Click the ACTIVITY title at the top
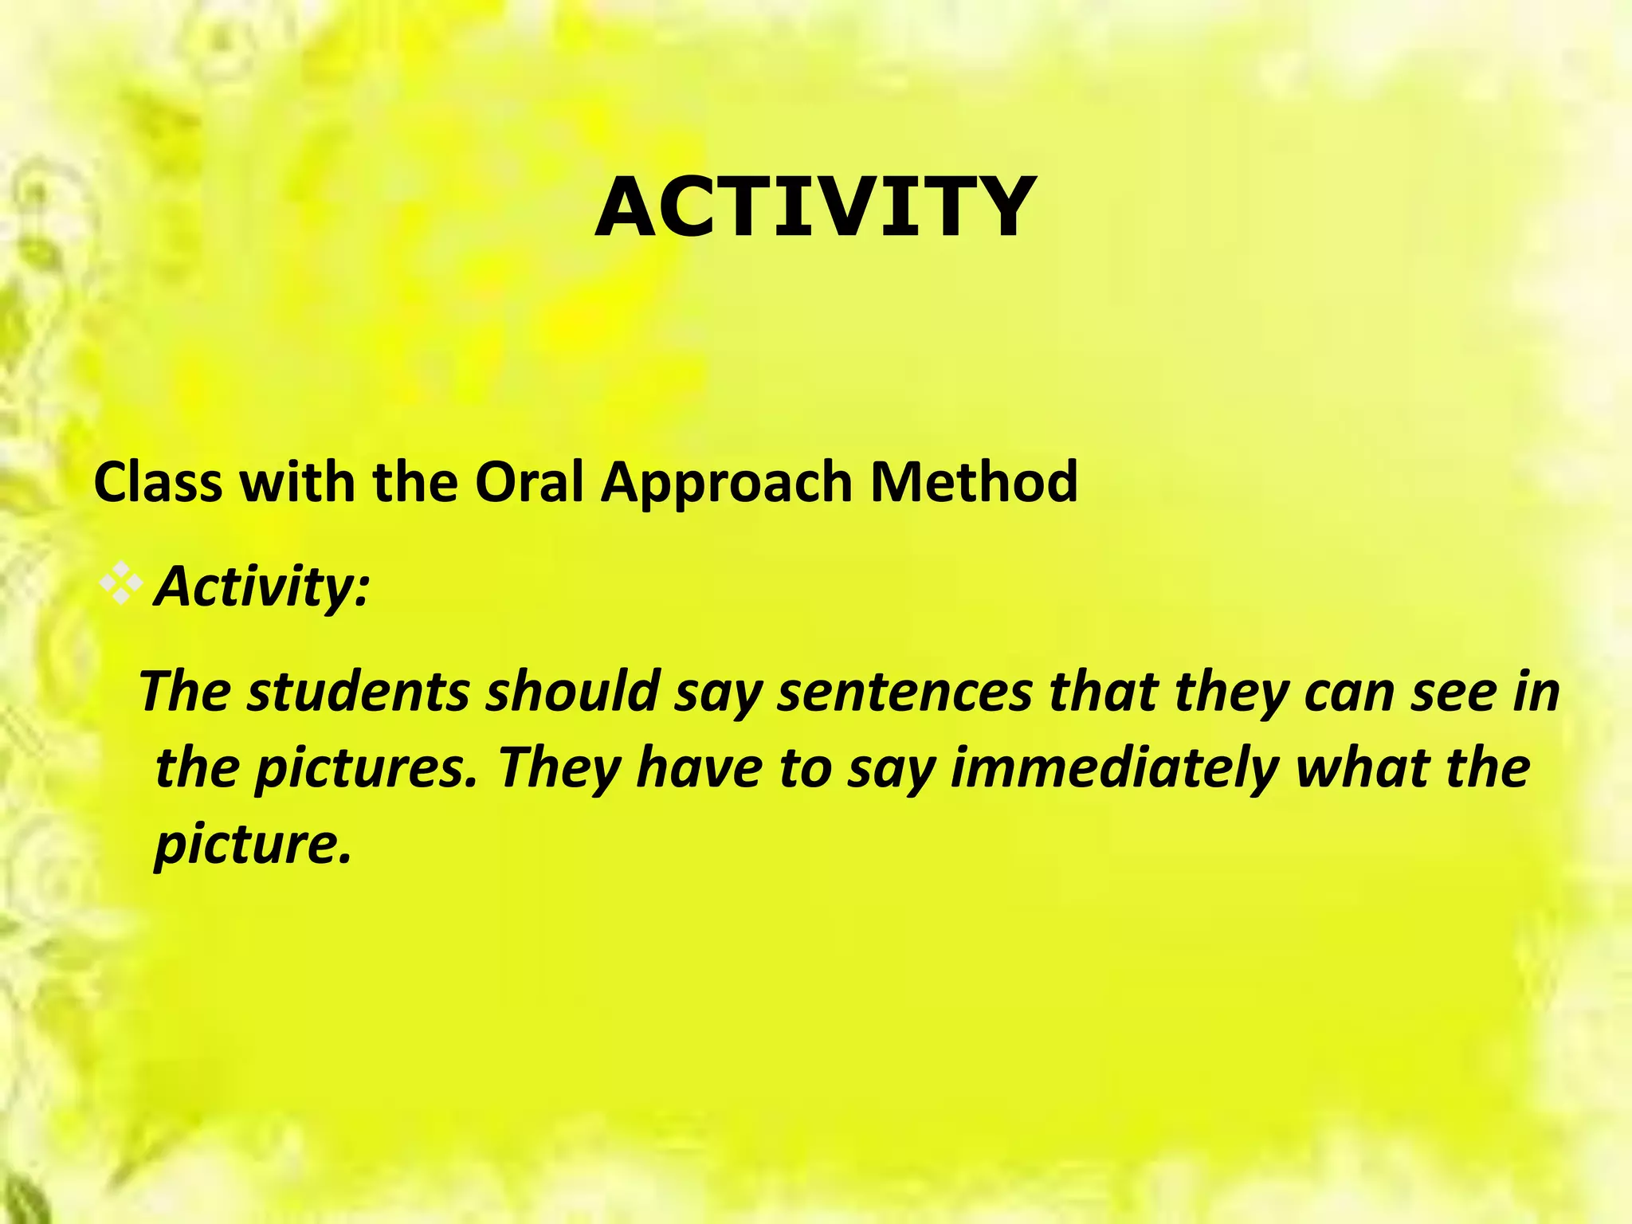815,207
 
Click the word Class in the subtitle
158,482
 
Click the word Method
974,482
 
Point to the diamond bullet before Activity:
120,586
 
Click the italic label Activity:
262,587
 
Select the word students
358,691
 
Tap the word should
572,691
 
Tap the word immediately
1114,769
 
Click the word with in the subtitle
297,482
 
